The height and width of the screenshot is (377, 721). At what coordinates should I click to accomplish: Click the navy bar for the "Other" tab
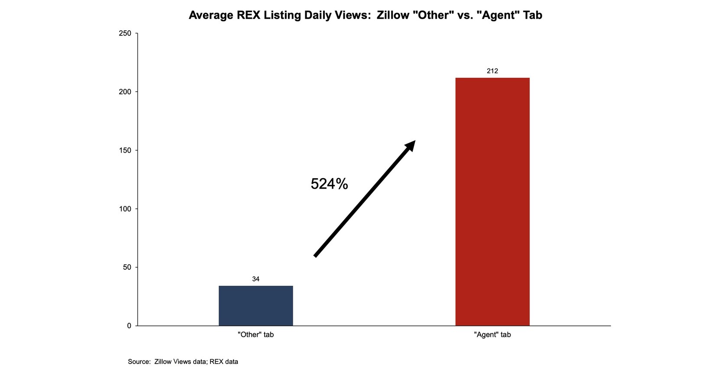pyautogui.click(x=255, y=306)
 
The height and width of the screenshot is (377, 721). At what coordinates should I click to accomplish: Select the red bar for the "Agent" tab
pyautogui.click(x=492, y=201)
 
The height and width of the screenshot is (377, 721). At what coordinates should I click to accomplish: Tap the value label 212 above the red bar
pyautogui.click(x=492, y=71)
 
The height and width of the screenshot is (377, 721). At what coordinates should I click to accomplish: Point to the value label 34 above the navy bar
pyautogui.click(x=255, y=279)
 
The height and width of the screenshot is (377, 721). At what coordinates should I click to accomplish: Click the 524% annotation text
pyautogui.click(x=329, y=184)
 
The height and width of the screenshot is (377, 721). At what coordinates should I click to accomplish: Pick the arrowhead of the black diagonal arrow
pyautogui.click(x=410, y=146)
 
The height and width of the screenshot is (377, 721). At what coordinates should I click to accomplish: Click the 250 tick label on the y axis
pyautogui.click(x=125, y=34)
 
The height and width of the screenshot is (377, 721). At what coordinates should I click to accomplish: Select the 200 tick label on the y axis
pyautogui.click(x=125, y=92)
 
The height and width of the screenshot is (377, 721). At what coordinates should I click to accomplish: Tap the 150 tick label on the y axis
pyautogui.click(x=125, y=150)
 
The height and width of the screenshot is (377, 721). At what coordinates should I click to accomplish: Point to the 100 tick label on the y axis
pyautogui.click(x=125, y=209)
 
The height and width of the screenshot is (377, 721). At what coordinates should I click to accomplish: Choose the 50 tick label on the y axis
pyautogui.click(x=126, y=268)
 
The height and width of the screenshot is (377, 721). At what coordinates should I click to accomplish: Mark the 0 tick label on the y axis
pyautogui.click(x=129, y=326)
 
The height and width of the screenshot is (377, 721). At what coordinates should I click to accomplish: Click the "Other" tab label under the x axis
pyautogui.click(x=255, y=335)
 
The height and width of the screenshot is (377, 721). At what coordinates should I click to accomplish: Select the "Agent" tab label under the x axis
pyautogui.click(x=492, y=335)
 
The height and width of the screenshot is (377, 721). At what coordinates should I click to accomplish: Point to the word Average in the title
pyautogui.click(x=210, y=16)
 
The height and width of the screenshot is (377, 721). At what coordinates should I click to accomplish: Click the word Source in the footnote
pyautogui.click(x=139, y=362)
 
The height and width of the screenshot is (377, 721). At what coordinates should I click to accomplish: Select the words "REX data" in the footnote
pyautogui.click(x=224, y=362)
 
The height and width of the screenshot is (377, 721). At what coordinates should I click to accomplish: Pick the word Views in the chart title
pyautogui.click(x=352, y=16)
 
